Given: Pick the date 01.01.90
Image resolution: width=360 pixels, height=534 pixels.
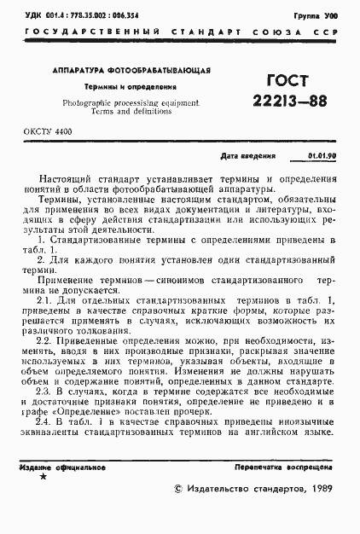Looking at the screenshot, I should tap(322, 157).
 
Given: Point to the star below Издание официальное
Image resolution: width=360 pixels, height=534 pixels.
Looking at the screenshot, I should tap(44, 477).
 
